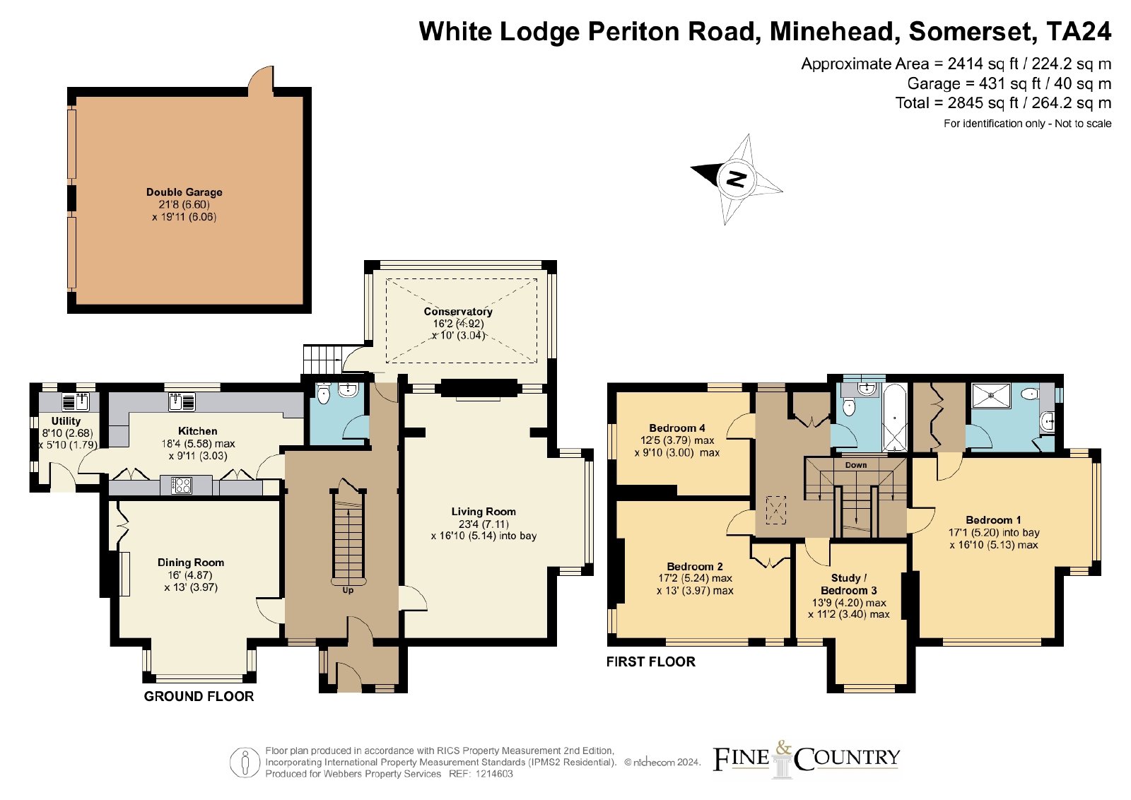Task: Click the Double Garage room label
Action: (x=184, y=192)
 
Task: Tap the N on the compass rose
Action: (x=736, y=179)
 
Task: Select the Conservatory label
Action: (x=458, y=312)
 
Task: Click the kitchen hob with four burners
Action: (x=181, y=485)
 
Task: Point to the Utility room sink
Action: (x=75, y=401)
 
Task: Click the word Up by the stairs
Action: (x=348, y=590)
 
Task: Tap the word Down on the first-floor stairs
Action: (x=856, y=465)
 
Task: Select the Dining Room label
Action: (x=191, y=563)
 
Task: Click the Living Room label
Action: (x=484, y=511)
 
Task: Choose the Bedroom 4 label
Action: (x=677, y=428)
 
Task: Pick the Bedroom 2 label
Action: (x=695, y=566)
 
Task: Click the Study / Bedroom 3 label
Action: (x=849, y=584)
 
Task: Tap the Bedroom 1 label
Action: (x=994, y=520)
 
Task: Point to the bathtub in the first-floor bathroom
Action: (x=895, y=417)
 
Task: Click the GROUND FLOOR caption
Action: (x=199, y=697)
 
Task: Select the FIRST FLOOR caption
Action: (x=651, y=661)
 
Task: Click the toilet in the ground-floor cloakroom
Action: (x=324, y=393)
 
